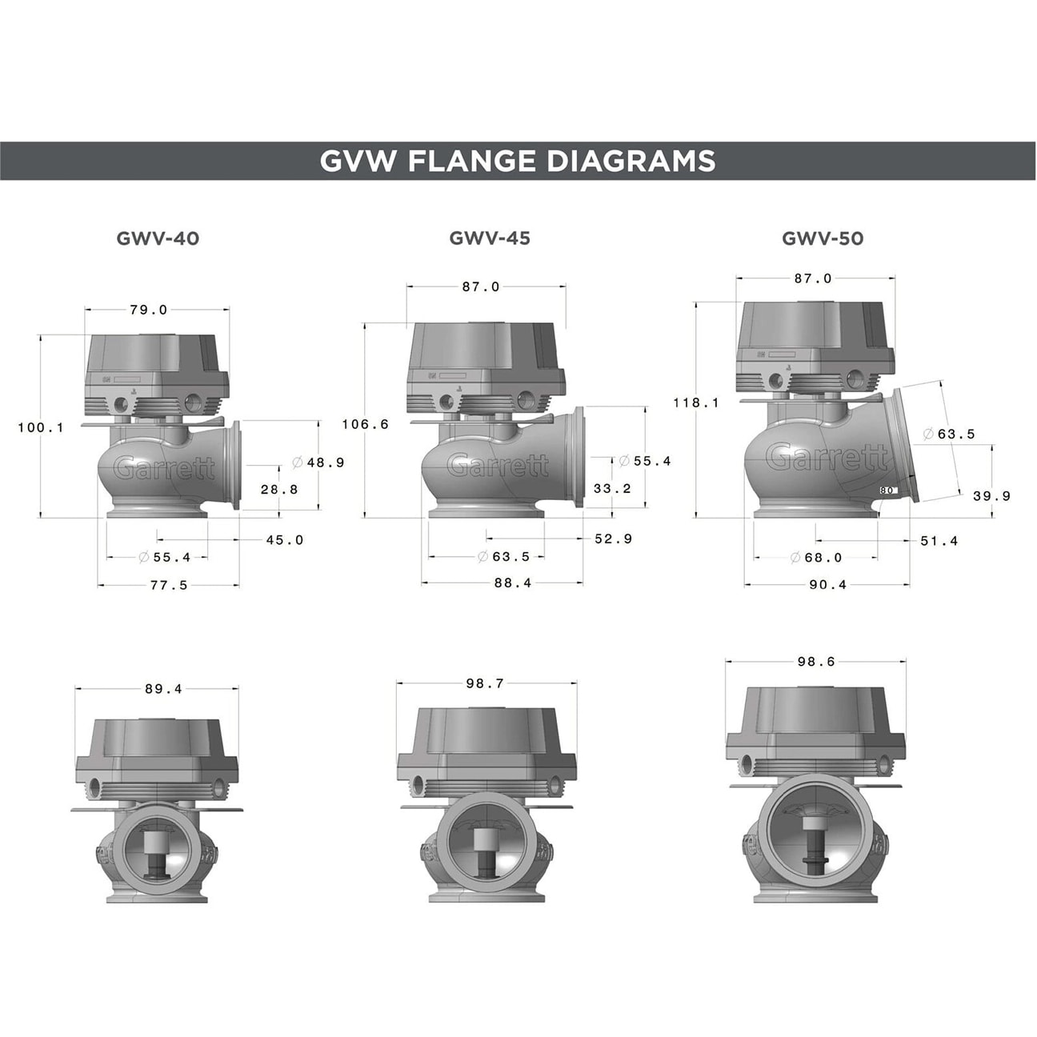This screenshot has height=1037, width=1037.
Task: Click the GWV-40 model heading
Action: (158, 238)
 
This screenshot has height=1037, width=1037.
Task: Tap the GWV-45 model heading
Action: (490, 238)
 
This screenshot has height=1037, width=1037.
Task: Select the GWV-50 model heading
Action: (823, 238)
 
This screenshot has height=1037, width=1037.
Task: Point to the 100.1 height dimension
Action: (41, 428)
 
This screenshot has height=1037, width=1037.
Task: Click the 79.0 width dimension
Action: (149, 310)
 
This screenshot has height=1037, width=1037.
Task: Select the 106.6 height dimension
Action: (366, 425)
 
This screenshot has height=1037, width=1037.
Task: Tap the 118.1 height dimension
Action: (696, 402)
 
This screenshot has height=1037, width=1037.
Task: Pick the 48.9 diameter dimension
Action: (318, 462)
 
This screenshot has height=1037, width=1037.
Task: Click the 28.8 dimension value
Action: (279, 490)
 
